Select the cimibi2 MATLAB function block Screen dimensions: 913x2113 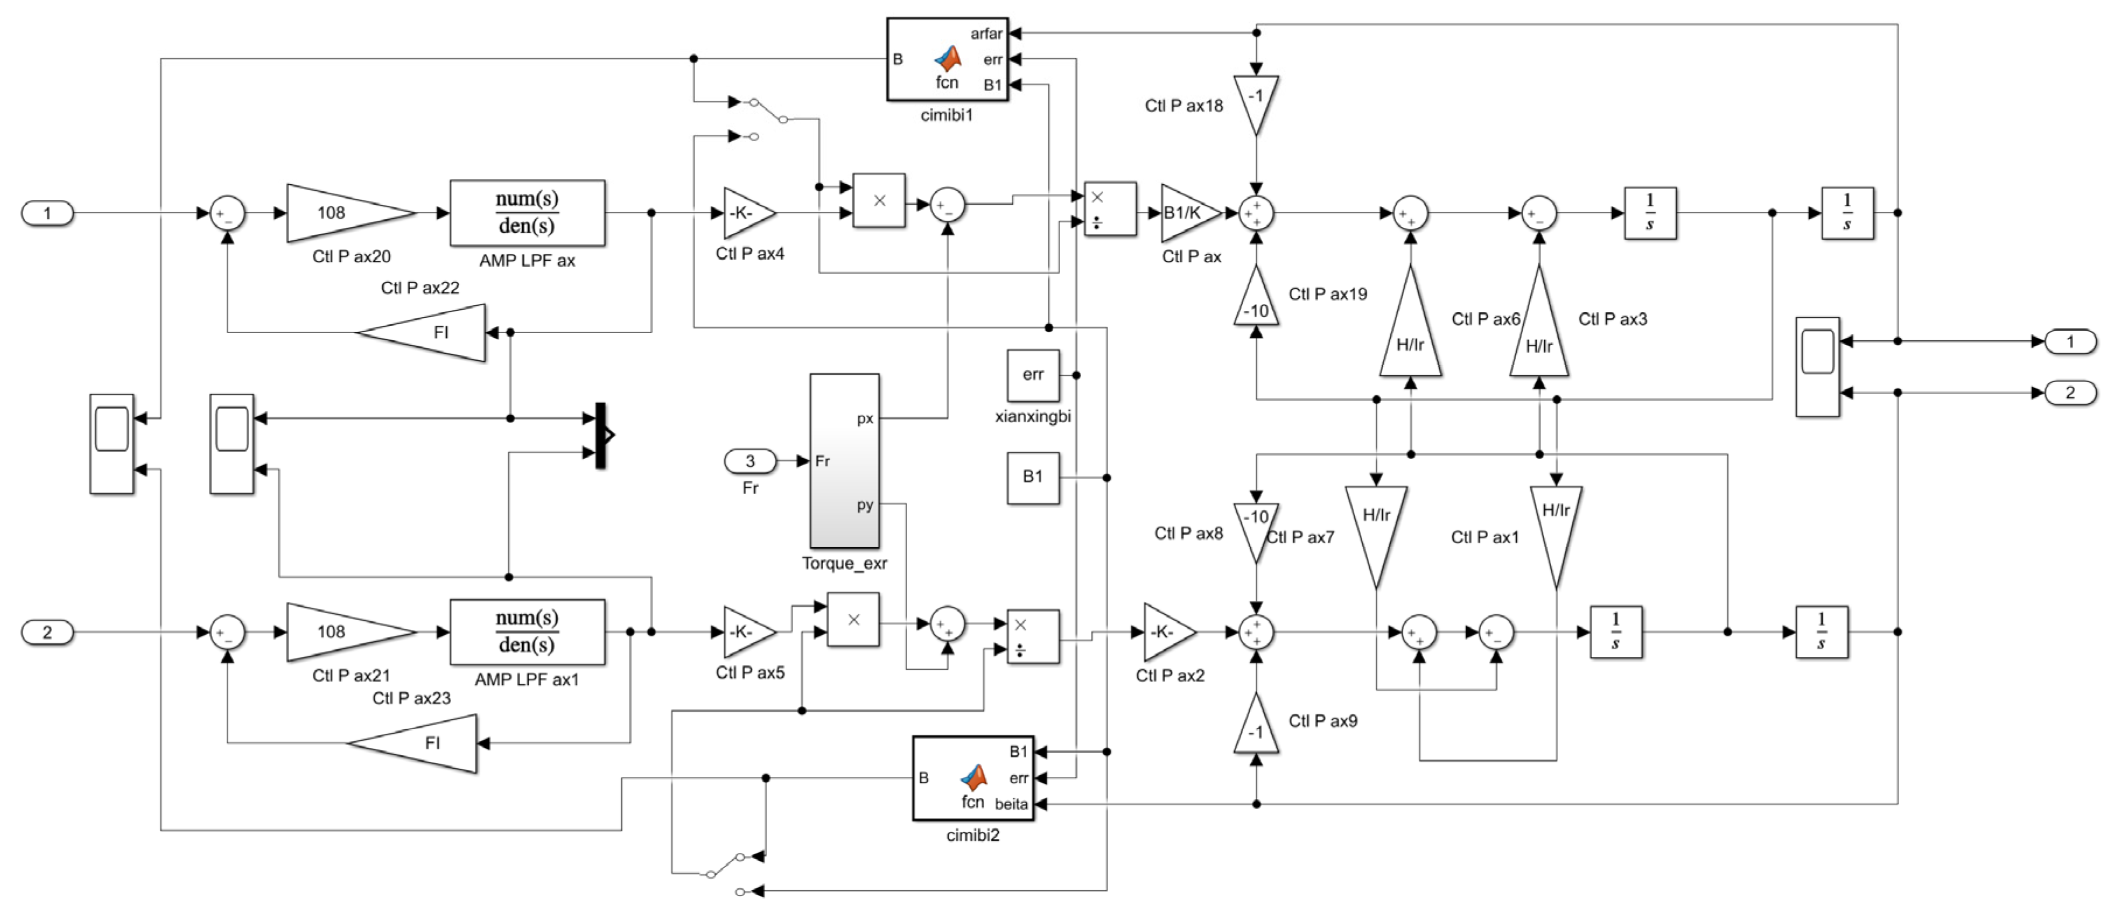tap(973, 778)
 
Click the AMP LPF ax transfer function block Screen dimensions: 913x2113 tap(527, 212)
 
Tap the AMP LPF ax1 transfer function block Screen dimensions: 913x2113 tap(527, 632)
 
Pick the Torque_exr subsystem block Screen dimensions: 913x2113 tap(844, 461)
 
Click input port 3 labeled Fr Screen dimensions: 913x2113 tap(750, 461)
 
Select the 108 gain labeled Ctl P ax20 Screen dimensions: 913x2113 tap(345, 212)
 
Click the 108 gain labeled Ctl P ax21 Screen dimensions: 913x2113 tap(345, 632)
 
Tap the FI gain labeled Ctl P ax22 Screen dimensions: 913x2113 tap(431, 332)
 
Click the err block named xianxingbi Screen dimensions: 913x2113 tap(1033, 375)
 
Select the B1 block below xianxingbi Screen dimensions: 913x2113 tap(1033, 477)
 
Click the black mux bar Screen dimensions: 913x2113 tap(600, 435)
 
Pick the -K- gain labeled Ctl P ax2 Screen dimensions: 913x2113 tap(1166, 632)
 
